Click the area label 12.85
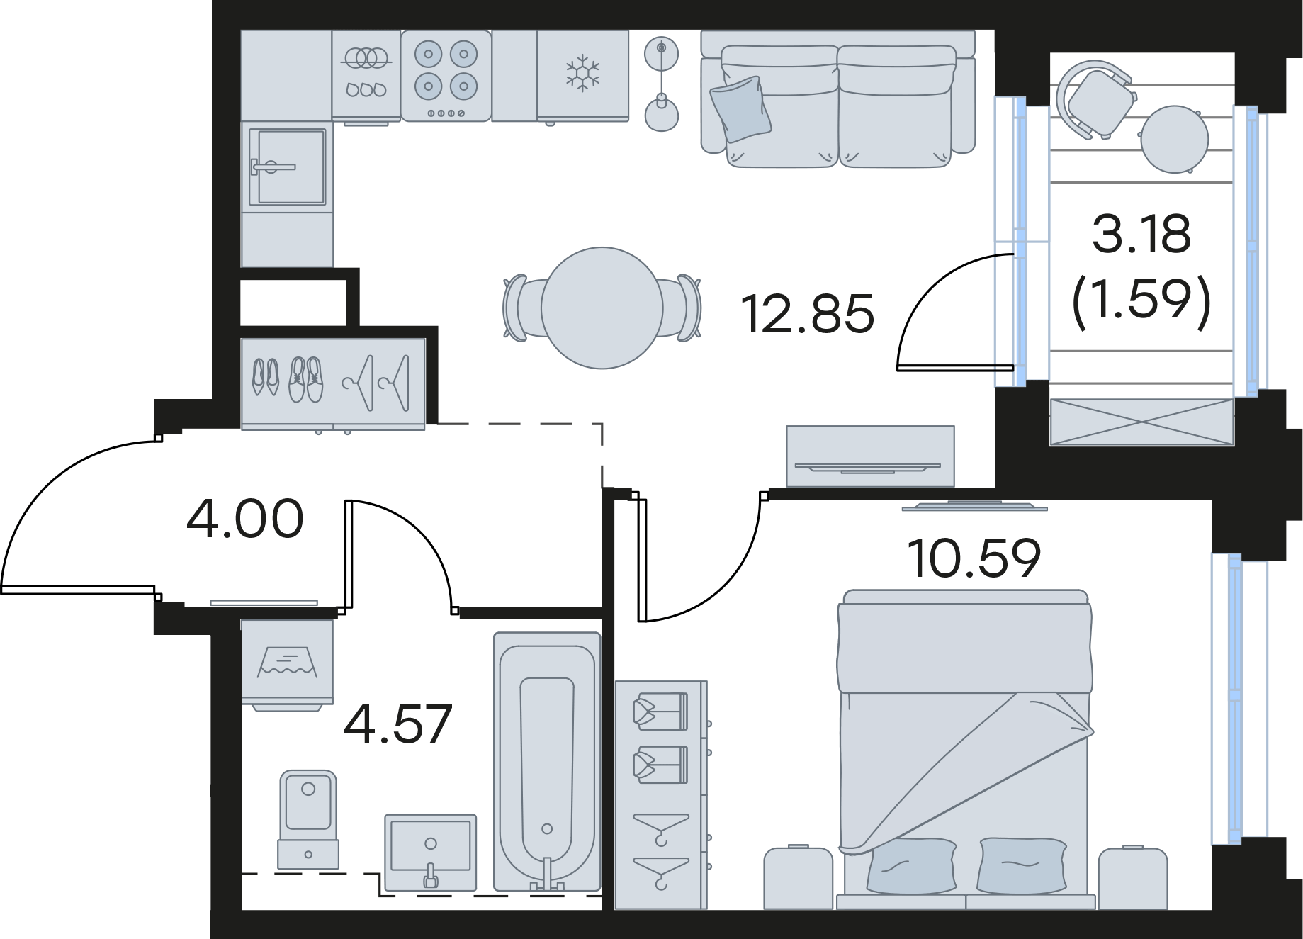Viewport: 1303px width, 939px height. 808,314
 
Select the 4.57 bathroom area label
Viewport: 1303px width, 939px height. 397,724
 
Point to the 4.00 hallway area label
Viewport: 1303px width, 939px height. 245,519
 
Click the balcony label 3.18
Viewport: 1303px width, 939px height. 1141,234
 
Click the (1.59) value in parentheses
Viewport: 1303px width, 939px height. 1141,300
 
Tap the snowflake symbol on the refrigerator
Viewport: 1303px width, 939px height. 582,73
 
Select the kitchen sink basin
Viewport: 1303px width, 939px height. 287,167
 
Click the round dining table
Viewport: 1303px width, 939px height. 602,308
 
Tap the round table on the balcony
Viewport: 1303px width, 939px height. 1174,140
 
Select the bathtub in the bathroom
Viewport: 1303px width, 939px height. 547,761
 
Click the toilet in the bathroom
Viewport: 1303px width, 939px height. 308,819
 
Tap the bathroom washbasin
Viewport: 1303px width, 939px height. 431,851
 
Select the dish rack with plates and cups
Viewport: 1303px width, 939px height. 366,76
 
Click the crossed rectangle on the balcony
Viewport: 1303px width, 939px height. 1141,422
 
